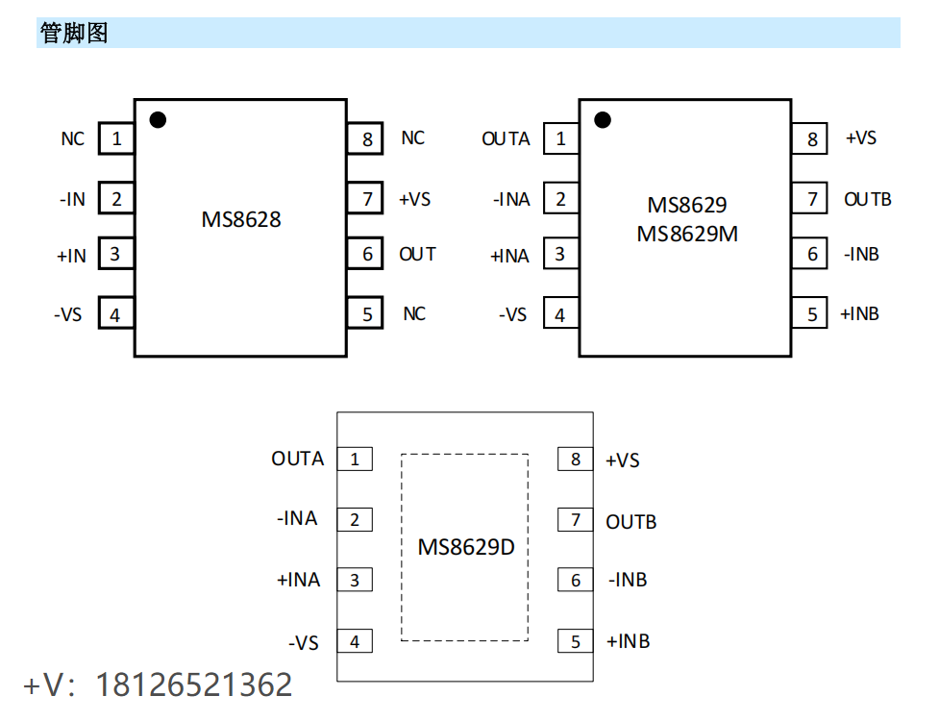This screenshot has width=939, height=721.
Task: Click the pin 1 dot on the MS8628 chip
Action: coord(158,120)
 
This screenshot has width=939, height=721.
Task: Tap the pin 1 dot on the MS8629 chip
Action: coord(603,120)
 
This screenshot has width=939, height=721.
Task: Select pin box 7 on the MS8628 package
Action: coord(367,199)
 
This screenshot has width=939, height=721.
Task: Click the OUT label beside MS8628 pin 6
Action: coord(417,255)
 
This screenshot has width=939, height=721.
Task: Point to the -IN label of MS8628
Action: coord(72,200)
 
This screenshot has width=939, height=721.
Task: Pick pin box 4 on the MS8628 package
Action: coord(115,314)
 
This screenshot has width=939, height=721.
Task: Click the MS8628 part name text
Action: coord(241,219)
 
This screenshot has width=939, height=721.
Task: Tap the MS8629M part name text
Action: coord(687,234)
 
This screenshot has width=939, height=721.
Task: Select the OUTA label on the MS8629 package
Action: coord(506,139)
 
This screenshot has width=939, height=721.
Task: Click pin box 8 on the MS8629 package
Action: coord(811,139)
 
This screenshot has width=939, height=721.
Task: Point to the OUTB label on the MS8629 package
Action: coord(867,200)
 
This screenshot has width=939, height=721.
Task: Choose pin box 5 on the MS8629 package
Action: coord(811,314)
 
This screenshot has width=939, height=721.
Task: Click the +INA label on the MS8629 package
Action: coord(509,256)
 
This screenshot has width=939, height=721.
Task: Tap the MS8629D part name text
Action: coord(465,548)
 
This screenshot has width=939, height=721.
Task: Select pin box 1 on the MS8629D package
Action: coord(355,460)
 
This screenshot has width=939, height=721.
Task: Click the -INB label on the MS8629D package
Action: coord(628,580)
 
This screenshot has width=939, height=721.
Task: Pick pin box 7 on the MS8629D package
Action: coord(576,520)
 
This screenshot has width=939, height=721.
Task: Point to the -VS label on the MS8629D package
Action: coord(303,642)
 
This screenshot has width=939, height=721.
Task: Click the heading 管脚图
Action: coord(74,34)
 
